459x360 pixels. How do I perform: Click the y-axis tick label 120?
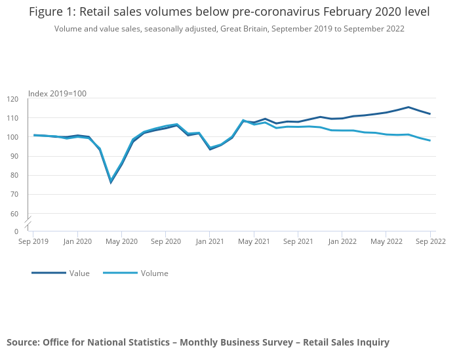click(13, 99)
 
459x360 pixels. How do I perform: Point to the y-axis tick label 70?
click(13, 195)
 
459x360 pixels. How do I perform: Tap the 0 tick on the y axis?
click(16, 231)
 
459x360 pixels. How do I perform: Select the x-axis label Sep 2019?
click(33, 241)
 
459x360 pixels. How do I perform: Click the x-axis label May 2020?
click(121, 241)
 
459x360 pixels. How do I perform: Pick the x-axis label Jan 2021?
click(210, 241)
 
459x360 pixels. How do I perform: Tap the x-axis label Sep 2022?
click(430, 241)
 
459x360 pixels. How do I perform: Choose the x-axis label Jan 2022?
click(342, 241)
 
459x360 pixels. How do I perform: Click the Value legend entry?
click(79, 273)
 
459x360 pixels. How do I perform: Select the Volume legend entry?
click(154, 273)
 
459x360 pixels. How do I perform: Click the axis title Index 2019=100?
click(57, 94)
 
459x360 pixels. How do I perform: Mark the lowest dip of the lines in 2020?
click(111, 182)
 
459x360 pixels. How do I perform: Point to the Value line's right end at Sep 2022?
click(430, 114)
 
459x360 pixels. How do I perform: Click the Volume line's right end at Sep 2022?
click(430, 140)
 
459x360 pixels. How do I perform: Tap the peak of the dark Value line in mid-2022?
click(408, 107)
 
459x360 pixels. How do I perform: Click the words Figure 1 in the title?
click(52, 12)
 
